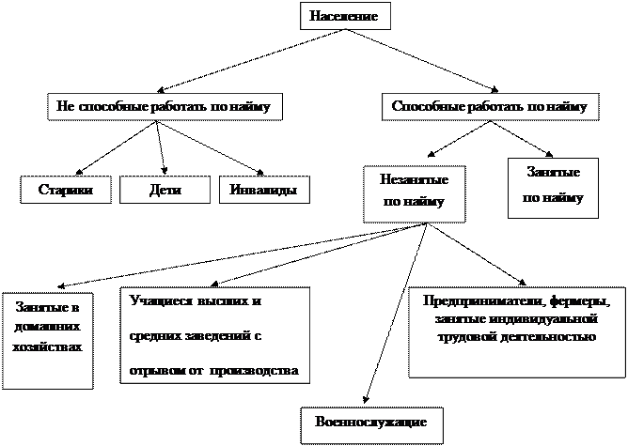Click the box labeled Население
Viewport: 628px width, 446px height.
343,16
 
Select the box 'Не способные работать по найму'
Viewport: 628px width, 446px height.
164,108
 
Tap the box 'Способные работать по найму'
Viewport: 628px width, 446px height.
489,108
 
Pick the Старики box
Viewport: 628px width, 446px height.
65,190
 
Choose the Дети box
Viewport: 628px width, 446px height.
165,190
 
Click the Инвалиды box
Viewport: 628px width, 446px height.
263,190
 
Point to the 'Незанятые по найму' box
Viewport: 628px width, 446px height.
414,192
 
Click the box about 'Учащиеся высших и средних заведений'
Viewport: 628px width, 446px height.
214,335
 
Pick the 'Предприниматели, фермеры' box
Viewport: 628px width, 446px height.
516,331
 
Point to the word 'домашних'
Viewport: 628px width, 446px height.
47,328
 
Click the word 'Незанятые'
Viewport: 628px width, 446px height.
414,179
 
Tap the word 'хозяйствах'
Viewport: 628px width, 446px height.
47,346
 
